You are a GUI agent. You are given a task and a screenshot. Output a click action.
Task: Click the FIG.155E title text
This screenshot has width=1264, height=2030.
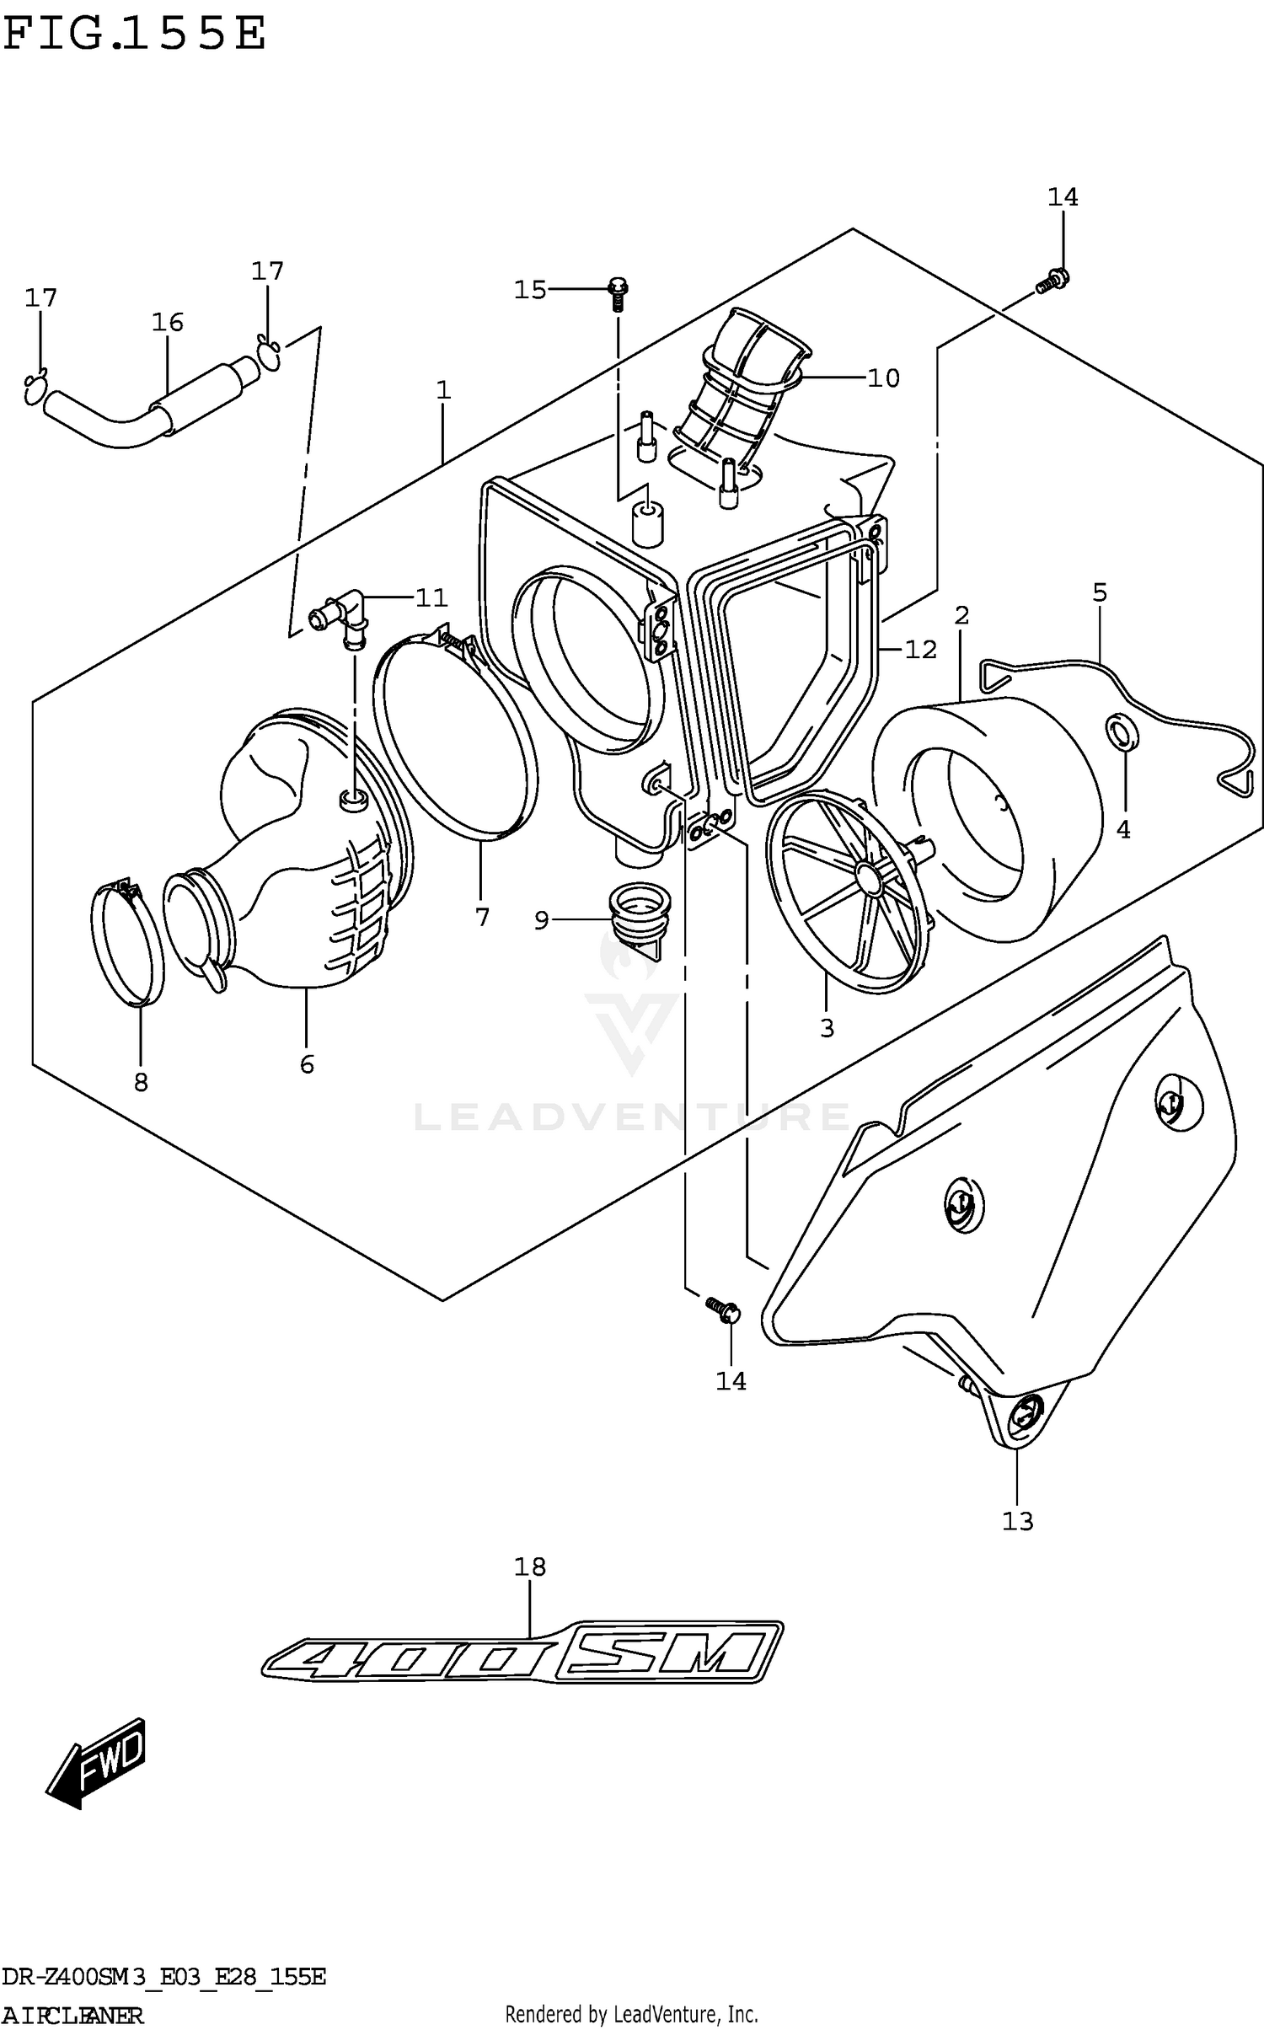(135, 35)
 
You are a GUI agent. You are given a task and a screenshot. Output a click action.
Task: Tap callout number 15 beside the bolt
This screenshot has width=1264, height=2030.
(530, 290)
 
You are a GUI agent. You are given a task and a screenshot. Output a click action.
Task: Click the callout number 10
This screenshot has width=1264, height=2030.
(883, 378)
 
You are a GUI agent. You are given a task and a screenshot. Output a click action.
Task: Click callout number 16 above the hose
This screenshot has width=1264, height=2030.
(168, 322)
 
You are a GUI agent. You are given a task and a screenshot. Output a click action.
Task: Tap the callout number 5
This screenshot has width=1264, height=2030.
(1100, 592)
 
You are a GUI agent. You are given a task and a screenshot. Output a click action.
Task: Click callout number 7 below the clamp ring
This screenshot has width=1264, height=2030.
(482, 917)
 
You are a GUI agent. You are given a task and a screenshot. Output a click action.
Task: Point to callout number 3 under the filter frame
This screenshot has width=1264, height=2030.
(827, 1028)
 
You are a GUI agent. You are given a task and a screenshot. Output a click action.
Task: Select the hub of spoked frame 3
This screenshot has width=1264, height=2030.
(864, 875)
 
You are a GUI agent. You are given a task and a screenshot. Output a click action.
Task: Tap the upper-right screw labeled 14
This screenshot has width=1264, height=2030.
(1052, 280)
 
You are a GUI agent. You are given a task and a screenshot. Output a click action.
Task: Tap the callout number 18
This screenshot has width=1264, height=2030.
(530, 1567)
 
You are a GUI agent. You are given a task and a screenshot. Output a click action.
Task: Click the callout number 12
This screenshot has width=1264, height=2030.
(920, 649)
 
